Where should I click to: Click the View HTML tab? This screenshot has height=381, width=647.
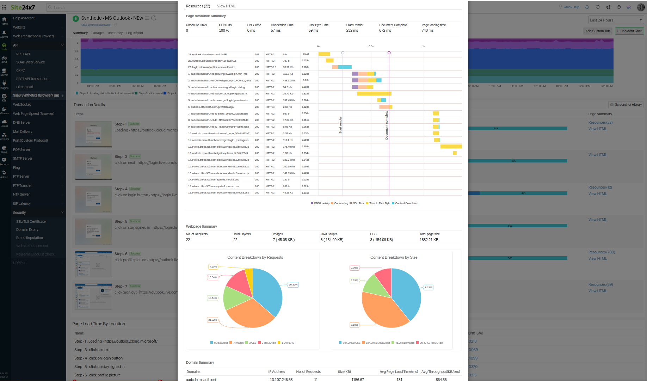226,6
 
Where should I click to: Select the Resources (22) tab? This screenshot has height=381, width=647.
198,6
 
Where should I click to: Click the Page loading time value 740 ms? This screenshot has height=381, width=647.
427,31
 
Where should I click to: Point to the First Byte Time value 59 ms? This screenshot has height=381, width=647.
313,31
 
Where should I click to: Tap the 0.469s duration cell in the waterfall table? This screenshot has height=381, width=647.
305,147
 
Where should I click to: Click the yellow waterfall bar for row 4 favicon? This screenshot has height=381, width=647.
374,94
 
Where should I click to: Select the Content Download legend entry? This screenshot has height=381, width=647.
406,203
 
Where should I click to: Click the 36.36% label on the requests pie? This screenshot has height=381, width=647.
293,285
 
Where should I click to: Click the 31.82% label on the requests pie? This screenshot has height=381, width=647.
212,320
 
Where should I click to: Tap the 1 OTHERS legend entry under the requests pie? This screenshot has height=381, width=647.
288,343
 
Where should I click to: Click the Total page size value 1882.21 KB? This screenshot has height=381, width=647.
429,240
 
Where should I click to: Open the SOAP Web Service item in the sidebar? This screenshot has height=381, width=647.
30,62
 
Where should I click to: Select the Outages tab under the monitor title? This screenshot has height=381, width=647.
98,33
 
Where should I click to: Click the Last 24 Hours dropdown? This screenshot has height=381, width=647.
616,20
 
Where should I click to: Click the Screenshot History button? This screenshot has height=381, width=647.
626,105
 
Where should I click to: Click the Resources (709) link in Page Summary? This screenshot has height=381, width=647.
601,252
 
